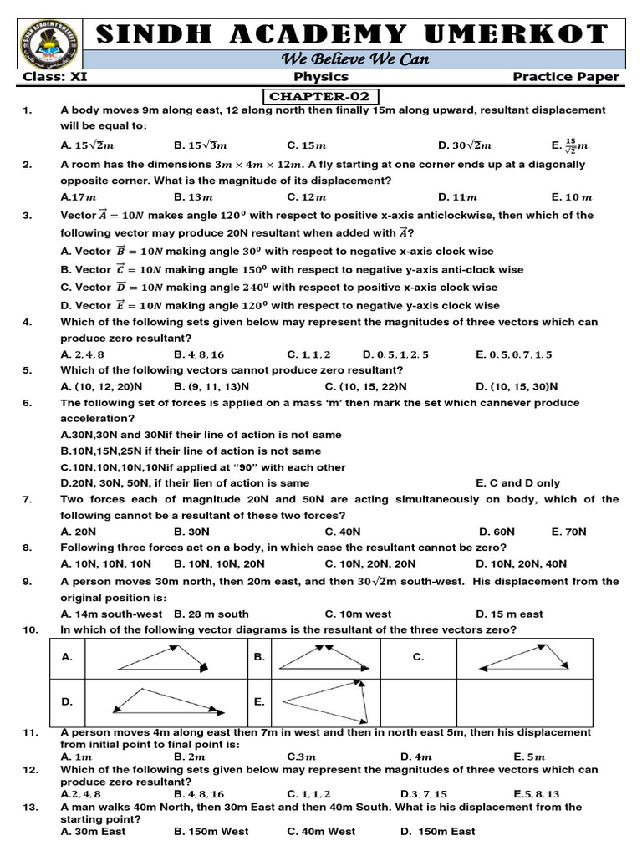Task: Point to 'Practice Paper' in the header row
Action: tap(566, 77)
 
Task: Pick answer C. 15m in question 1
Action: tap(305, 145)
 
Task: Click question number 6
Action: tap(28, 403)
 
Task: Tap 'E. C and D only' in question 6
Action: tap(518, 483)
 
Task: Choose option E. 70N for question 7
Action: tap(569, 532)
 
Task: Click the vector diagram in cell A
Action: tap(166, 658)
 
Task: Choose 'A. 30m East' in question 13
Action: tap(91, 832)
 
